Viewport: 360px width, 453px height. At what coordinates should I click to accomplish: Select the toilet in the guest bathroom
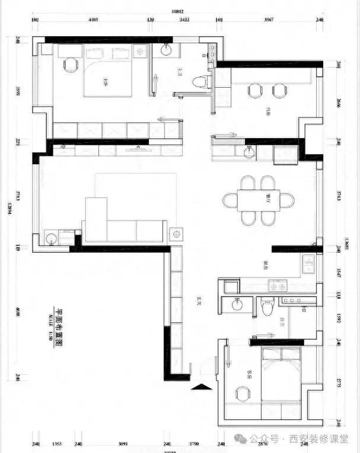(x=267, y=307)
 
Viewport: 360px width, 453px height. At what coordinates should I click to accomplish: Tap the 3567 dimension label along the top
(x=269, y=20)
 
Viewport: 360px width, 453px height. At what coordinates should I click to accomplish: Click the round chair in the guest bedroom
(x=243, y=394)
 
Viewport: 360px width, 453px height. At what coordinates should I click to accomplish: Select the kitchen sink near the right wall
(x=308, y=264)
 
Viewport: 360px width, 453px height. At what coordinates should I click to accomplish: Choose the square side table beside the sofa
(x=176, y=233)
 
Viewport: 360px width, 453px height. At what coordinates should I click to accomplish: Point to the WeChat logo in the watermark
(x=238, y=438)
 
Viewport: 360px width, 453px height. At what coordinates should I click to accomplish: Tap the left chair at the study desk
(x=255, y=90)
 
